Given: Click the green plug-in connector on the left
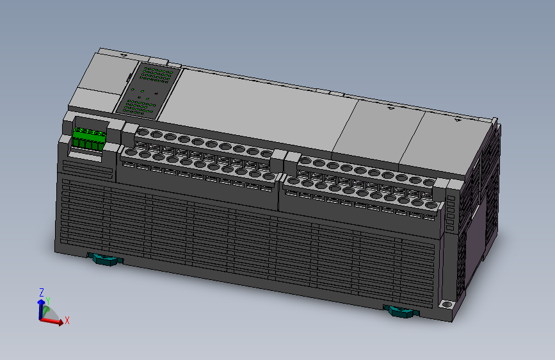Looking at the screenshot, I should [x=88, y=140].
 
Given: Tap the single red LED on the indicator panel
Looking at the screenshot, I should [x=157, y=93].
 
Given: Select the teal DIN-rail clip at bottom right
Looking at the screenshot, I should [x=401, y=312].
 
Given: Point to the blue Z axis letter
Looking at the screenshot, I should [x=42, y=292].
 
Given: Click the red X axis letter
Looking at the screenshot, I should [x=67, y=320].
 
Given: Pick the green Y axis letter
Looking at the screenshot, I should [x=47, y=300].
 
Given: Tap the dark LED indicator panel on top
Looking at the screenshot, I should [x=149, y=91].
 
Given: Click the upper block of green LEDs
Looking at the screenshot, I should [x=156, y=74].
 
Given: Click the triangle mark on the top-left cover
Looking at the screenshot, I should [x=123, y=55].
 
